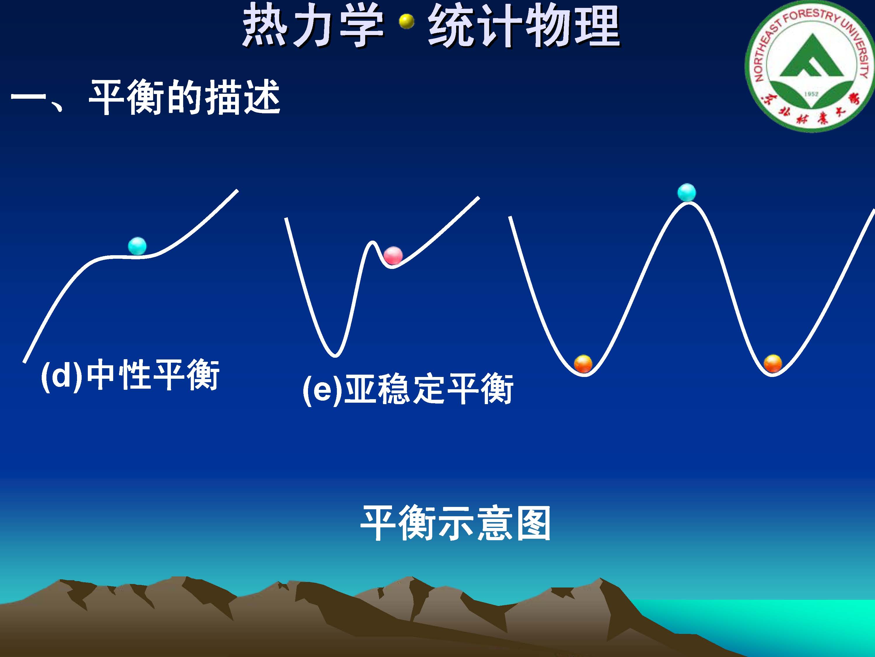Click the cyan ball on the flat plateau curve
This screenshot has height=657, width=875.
pos(137,246)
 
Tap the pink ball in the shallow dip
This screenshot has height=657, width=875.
pos(393,255)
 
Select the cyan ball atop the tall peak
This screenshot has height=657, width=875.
pos(686,192)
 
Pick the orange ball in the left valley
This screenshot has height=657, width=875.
pos(583,364)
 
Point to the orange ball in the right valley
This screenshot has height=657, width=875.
pos(773,364)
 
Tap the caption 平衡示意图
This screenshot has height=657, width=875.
pos(455,523)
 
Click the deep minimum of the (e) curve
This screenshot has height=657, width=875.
pos(335,355)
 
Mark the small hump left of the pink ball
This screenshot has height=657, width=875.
pos(372,242)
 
